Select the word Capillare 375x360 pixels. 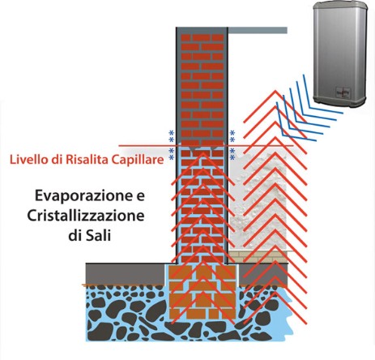(x=138, y=160)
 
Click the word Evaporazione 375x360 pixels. (x=84, y=196)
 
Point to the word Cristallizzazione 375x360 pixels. (x=86, y=216)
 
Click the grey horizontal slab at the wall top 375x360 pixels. (x=258, y=30)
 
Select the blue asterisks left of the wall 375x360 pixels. (x=171, y=144)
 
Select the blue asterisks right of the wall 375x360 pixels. (x=232, y=144)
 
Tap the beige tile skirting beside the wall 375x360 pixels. (x=258, y=257)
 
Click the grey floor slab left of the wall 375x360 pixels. (x=126, y=273)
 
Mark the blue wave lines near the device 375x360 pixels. (x=310, y=108)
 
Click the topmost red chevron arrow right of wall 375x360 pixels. (x=275, y=92)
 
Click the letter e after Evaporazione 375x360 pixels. (x=140, y=197)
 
